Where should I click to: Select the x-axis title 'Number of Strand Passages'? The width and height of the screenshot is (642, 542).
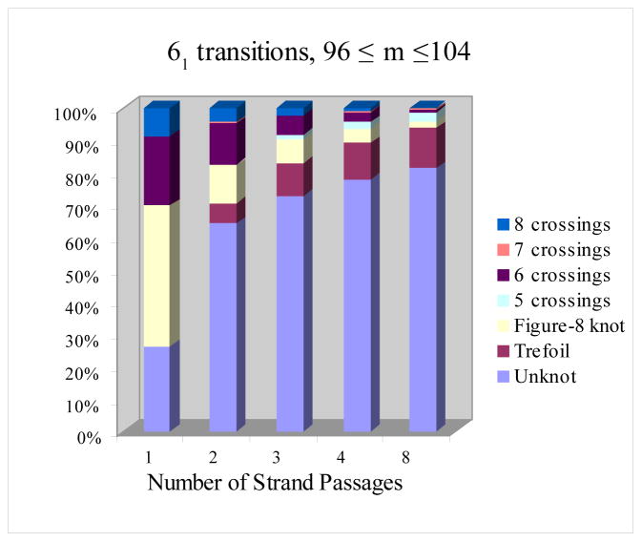click(x=275, y=482)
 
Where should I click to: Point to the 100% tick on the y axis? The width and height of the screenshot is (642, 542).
click(x=78, y=114)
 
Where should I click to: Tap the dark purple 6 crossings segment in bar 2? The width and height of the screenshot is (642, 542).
click(x=222, y=143)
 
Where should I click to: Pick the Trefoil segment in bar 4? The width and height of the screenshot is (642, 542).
click(x=357, y=160)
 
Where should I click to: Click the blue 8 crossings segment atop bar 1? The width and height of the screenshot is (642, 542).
click(x=156, y=121)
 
